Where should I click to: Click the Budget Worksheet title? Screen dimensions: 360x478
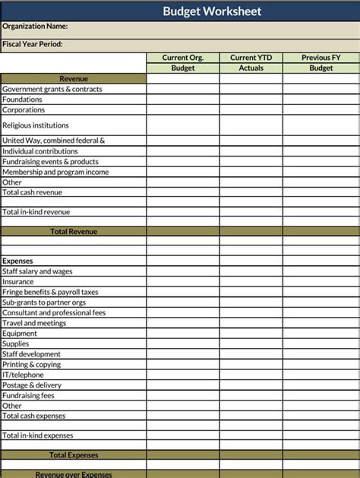pyautogui.click(x=212, y=11)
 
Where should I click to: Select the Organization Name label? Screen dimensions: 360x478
pyautogui.click(x=35, y=27)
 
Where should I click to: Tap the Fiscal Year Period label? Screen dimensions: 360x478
pyautogui.click(x=33, y=44)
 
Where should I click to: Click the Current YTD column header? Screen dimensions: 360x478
pyautogui.click(x=251, y=58)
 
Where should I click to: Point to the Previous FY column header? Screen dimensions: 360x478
pyautogui.click(x=321, y=58)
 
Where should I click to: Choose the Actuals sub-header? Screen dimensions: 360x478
pyautogui.click(x=251, y=68)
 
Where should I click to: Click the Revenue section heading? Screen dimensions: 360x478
pyautogui.click(x=74, y=79)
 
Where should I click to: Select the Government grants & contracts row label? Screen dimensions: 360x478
pyautogui.click(x=52, y=90)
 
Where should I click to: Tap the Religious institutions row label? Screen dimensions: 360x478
pyautogui.click(x=36, y=125)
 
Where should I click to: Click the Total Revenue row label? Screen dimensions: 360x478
pyautogui.click(x=74, y=232)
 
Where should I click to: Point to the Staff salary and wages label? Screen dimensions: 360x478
pyautogui.click(x=37, y=271)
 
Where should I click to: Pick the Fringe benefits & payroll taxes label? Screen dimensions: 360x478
pyautogui.click(x=50, y=292)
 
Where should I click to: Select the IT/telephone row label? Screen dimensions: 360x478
pyautogui.click(x=23, y=375)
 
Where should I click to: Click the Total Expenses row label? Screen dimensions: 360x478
pyautogui.click(x=74, y=455)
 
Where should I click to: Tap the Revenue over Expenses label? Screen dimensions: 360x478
pyautogui.click(x=74, y=474)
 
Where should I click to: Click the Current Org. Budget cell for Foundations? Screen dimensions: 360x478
pyautogui.click(x=183, y=100)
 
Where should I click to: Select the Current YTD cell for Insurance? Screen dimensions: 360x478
pyautogui.click(x=251, y=282)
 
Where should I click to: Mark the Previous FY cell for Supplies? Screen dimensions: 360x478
pyautogui.click(x=321, y=343)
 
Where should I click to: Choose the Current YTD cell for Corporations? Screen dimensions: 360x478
pyautogui.click(x=251, y=110)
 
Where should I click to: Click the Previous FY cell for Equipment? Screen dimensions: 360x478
pyautogui.click(x=321, y=334)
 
